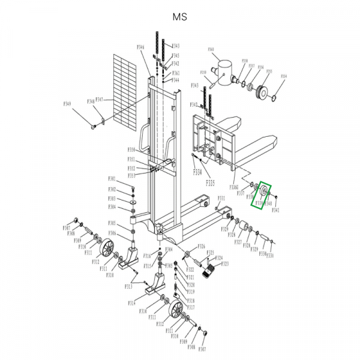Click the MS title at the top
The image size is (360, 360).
[x=179, y=17]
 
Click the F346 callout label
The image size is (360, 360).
[x=141, y=47]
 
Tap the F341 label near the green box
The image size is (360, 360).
[x=275, y=210]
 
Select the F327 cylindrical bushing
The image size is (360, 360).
[x=245, y=227]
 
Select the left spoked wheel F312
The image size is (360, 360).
[x=107, y=249]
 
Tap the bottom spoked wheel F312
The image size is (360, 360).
[x=177, y=310]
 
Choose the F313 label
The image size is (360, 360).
[x=128, y=287]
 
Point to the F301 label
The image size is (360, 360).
[x=112, y=179]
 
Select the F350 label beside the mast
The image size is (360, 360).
[x=131, y=149]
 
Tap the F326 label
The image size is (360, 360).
[x=201, y=247]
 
